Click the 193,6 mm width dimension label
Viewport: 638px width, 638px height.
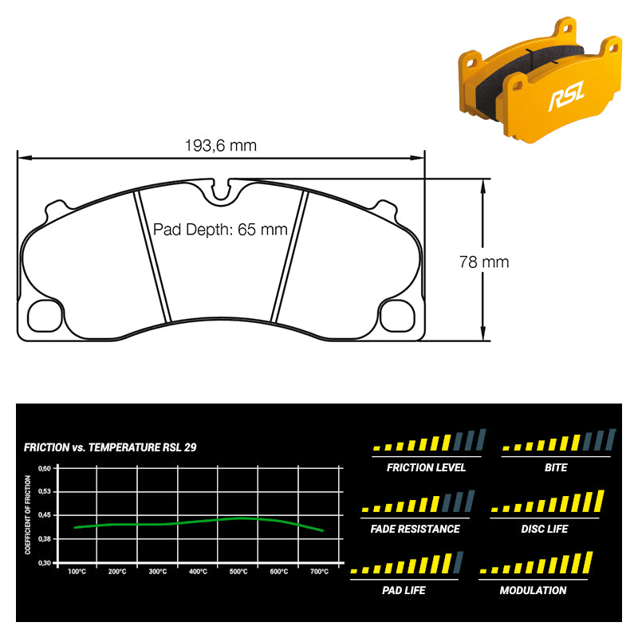pyautogui.click(x=221, y=145)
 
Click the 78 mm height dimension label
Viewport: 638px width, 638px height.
pyautogui.click(x=483, y=261)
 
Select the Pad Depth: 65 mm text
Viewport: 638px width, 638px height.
pyautogui.click(x=219, y=230)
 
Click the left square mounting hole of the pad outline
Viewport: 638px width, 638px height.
pyautogui.click(x=45, y=315)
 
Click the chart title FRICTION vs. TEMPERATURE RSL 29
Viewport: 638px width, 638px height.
pyautogui.click(x=110, y=447)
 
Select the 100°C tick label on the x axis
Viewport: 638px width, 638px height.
pyautogui.click(x=77, y=572)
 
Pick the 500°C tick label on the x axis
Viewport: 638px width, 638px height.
pyautogui.click(x=238, y=572)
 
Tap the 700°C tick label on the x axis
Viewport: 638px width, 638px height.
pyautogui.click(x=319, y=572)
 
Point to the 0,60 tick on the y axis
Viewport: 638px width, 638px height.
pyautogui.click(x=45, y=468)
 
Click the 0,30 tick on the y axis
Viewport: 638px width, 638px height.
pyautogui.click(x=45, y=562)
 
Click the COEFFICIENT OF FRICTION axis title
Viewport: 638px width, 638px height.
pyautogui.click(x=28, y=514)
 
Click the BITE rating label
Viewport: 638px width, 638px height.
pyautogui.click(x=556, y=467)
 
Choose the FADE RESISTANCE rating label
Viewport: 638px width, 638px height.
pyautogui.click(x=415, y=529)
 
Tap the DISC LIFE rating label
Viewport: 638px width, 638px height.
pyautogui.click(x=544, y=529)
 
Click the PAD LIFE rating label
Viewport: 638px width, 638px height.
pyautogui.click(x=404, y=590)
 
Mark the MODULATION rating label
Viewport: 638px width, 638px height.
pyautogui.click(x=533, y=590)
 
